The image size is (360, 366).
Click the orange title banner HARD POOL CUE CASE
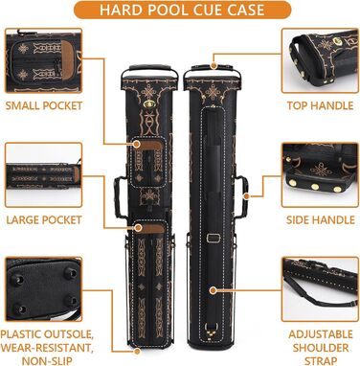pos(182,10)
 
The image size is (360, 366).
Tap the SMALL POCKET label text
pos(44,105)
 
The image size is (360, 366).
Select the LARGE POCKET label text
pos(44,219)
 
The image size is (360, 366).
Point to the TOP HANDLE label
pos(320,105)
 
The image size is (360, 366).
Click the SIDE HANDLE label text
pos(321,219)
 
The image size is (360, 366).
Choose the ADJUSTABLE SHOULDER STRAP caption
pos(321,348)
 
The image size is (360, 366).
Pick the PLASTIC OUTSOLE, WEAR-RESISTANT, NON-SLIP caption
pos(47,348)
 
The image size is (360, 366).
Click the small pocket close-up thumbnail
pos(44,60)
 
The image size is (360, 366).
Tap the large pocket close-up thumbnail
pos(44,175)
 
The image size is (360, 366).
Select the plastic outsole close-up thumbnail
pos(44,289)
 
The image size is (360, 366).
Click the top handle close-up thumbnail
pos(320,60)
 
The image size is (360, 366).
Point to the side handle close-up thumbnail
pos(320,175)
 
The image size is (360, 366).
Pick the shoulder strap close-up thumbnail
pos(320,289)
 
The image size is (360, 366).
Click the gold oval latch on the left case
pos(147,103)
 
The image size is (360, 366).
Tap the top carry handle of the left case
pos(149,70)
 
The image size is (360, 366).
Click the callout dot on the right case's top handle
pos(214,66)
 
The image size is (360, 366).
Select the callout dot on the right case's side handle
pos(246,195)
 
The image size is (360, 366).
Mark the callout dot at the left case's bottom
pos(137,352)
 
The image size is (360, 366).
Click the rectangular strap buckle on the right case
pos(213,238)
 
